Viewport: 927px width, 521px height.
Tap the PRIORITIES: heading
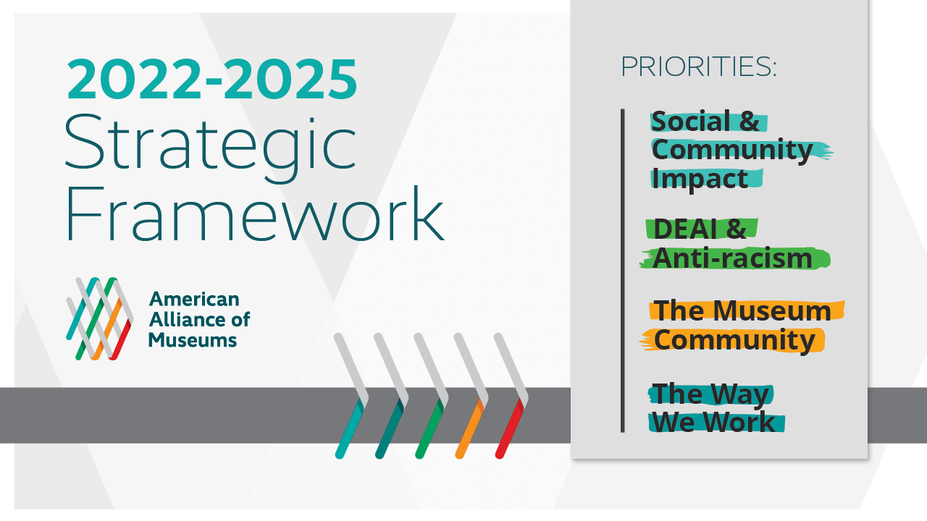[698, 67]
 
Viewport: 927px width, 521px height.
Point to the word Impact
[700, 178]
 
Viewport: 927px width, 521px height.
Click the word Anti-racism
[732, 258]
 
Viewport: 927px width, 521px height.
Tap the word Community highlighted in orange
[734, 340]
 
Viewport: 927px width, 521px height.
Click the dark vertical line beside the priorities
[622, 271]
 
